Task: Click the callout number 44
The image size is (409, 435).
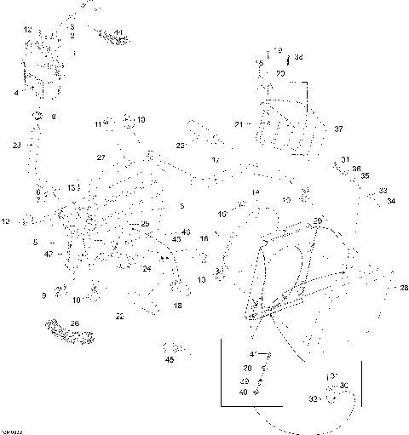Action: tap(118, 32)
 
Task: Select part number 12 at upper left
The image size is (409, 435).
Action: tap(28, 30)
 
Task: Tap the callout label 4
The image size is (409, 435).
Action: tap(15, 92)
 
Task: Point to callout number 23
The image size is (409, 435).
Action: tap(17, 146)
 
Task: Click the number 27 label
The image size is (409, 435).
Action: tap(101, 157)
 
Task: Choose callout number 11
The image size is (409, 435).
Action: tap(98, 125)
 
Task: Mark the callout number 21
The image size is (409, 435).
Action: tap(239, 124)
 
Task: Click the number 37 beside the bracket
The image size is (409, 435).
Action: tap(338, 129)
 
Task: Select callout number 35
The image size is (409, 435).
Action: tap(365, 176)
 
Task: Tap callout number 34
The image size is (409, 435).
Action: tap(391, 202)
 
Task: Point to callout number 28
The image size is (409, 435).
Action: tap(404, 288)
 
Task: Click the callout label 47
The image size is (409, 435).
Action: tap(49, 254)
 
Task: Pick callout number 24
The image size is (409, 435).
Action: tap(147, 269)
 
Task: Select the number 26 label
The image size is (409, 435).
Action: tap(74, 323)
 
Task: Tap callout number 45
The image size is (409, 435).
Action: tap(170, 360)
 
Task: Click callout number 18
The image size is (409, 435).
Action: tap(177, 305)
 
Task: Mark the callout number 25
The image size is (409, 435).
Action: tap(145, 224)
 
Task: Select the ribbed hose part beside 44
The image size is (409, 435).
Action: tap(107, 37)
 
